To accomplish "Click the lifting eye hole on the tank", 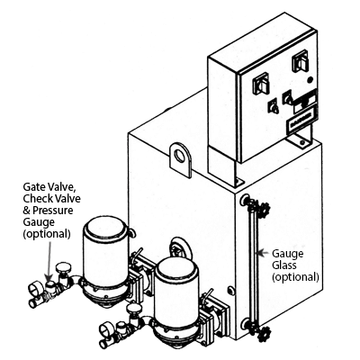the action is tap(180, 156).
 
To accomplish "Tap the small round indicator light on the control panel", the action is tap(310, 80).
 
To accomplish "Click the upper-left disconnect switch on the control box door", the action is tap(261, 83).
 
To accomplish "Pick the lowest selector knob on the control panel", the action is tap(274, 107).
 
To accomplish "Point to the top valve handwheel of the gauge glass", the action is tap(265, 208).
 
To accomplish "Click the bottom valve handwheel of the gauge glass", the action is tap(265, 332).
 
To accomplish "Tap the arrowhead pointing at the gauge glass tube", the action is tap(260, 253).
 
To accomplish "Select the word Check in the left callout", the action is tap(37, 199).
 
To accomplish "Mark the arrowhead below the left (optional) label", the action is tap(49, 275).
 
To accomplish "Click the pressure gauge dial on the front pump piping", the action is tap(106, 327).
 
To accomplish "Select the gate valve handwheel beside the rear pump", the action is tap(63, 266).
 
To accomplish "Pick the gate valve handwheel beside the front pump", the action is tap(133, 307).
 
